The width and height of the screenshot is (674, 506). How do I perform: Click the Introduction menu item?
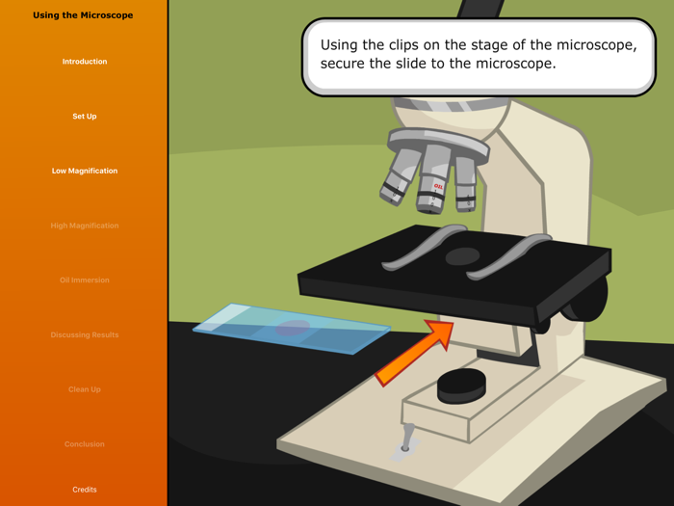[85, 62]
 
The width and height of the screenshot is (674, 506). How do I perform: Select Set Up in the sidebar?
[85, 117]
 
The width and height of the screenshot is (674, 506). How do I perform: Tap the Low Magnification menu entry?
[85, 171]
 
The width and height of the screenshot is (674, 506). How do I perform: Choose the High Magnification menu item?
[85, 226]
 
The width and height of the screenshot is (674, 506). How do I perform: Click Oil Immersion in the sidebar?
[85, 280]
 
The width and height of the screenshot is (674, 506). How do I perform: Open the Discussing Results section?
[85, 334]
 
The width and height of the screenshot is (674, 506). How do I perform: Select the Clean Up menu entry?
[85, 389]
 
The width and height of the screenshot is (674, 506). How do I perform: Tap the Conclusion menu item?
[85, 444]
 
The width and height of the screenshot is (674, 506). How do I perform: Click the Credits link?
[85, 490]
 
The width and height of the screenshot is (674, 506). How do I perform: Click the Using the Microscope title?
[83, 15]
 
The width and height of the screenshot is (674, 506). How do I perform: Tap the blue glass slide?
[291, 329]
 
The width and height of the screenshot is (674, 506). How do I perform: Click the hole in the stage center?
[462, 256]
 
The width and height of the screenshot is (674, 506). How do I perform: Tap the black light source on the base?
[461, 386]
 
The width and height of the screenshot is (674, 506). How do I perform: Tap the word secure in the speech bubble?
[344, 65]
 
